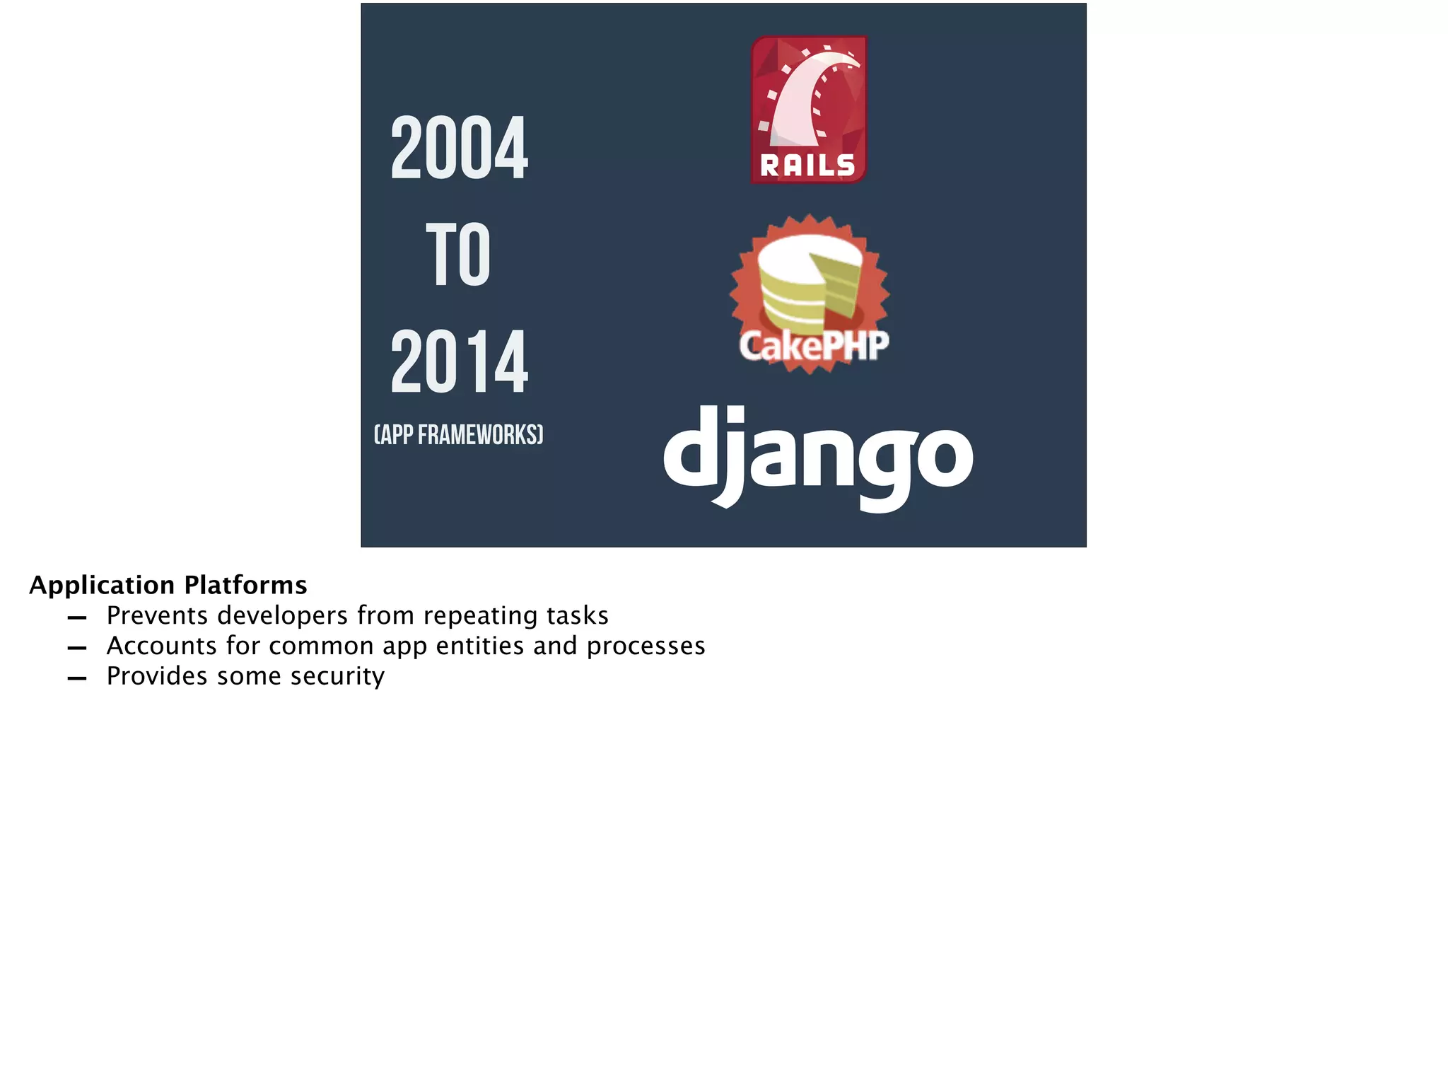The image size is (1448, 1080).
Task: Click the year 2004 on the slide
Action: (459, 148)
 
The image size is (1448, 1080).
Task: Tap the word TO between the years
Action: (458, 255)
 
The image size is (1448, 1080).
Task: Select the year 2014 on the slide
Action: (459, 362)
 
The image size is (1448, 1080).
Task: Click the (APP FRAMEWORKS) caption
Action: (458, 434)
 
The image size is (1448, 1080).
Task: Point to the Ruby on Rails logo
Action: (808, 110)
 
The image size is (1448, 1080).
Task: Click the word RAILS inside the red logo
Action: (807, 166)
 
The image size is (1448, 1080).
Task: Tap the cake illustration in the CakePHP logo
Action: (808, 283)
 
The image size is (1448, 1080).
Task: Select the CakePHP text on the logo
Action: (813, 346)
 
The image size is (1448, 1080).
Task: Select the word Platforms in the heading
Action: (245, 586)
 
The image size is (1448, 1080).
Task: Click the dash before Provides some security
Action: (76, 678)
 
